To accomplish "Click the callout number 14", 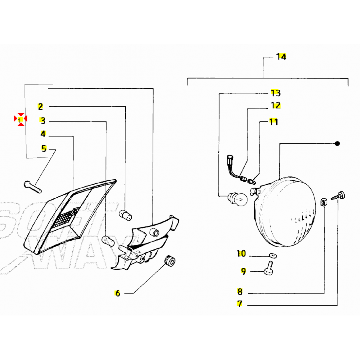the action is pyautogui.click(x=281, y=57).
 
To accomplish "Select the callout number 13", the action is pyautogui.click(x=276, y=93).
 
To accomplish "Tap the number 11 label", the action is pyautogui.click(x=274, y=122).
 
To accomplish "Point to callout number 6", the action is pyautogui.click(x=117, y=293).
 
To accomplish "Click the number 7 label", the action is pyautogui.click(x=240, y=304).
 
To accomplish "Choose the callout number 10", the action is pyautogui.click(x=241, y=253).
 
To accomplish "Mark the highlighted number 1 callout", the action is pyautogui.click(x=20, y=120).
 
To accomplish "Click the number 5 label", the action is pyautogui.click(x=44, y=149).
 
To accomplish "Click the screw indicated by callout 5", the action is pyautogui.click(x=33, y=187).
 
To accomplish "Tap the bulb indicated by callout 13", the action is pyautogui.click(x=237, y=199).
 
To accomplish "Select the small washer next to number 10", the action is pyautogui.click(x=273, y=255).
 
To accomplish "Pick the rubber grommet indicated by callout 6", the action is pyautogui.click(x=170, y=261).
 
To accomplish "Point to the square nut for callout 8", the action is pyautogui.click(x=324, y=202).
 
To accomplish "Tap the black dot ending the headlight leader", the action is pyautogui.click(x=337, y=143).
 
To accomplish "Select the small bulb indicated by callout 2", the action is pyautogui.click(x=126, y=215).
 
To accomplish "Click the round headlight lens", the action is pyautogui.click(x=286, y=211).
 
